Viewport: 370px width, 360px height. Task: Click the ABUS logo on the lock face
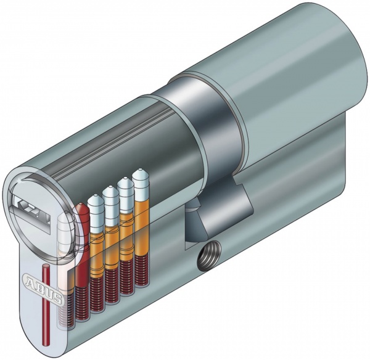pyautogui.click(x=43, y=288)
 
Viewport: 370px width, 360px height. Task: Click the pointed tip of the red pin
pyautogui.click(x=81, y=204)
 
